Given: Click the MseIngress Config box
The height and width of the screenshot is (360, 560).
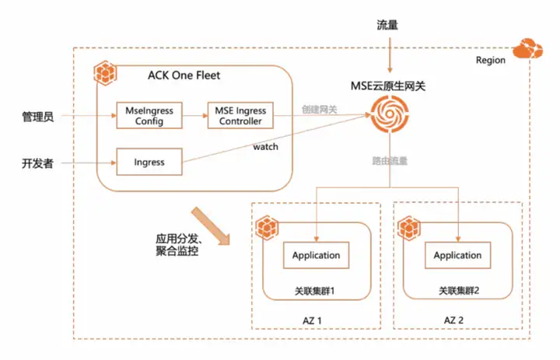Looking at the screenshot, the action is pos(149,115).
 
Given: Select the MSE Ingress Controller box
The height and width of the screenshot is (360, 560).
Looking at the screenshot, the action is pos(240,115).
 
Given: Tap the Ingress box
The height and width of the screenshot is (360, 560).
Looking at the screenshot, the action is pos(149,162).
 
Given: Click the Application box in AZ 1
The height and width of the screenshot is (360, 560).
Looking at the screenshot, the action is pos(316,255).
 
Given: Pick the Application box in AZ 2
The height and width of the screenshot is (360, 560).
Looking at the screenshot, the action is pos(457,255).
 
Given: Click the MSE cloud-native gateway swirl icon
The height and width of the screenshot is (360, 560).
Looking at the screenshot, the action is pos(390,114).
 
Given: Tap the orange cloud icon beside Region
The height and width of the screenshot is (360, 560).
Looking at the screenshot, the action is pos(528,48).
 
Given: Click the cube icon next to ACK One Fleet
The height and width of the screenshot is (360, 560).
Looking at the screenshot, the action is pos(105,73).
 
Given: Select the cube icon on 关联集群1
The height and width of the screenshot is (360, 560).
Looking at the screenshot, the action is pos(267,228).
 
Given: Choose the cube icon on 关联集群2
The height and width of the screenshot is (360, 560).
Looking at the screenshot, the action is pos(409,228).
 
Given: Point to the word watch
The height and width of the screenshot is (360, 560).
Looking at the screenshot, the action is pos(265,147).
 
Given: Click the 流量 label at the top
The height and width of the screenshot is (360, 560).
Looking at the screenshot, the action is pos(387,25).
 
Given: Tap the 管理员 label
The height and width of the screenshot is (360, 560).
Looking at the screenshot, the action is pos(38,117).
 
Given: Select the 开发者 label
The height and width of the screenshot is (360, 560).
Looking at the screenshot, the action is pos(38,163).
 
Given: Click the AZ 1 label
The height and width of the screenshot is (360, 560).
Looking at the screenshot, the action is pos(312,320).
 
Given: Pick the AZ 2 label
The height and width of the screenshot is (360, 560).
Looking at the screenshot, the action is pos(453,320).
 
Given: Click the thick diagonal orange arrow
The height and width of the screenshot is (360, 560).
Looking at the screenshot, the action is pos(211,226).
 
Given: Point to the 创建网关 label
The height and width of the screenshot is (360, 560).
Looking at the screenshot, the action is pos(320,110).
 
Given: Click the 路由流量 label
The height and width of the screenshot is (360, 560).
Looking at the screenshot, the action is pos(390,161).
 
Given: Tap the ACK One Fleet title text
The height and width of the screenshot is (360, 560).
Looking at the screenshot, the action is pos(184,75).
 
